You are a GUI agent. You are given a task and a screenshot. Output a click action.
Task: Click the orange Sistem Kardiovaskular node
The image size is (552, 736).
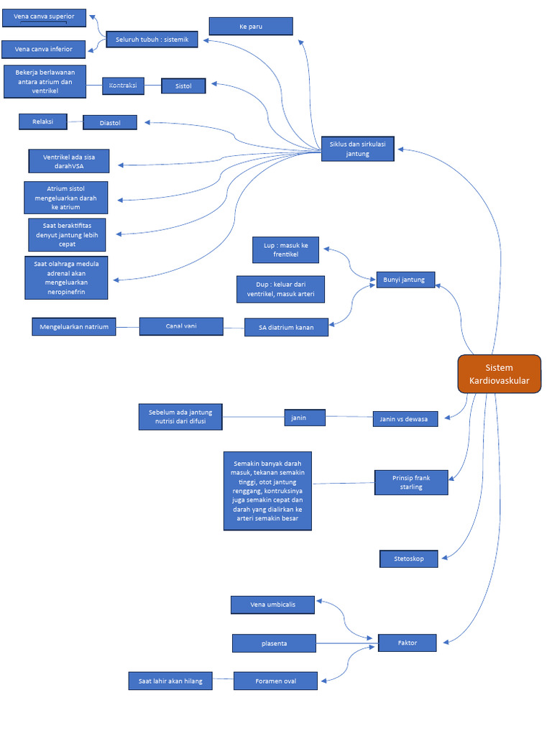[499, 374]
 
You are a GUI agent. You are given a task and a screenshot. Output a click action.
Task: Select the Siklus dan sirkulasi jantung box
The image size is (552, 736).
[357, 149]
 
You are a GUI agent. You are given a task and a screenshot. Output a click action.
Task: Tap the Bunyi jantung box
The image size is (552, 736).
[405, 280]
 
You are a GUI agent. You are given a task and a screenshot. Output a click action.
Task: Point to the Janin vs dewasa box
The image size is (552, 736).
[405, 419]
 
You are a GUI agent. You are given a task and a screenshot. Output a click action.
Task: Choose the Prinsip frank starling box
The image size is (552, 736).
[411, 482]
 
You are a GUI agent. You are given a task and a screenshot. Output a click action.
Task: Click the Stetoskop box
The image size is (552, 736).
[408, 558]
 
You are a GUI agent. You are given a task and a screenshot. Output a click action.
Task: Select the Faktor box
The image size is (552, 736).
[407, 643]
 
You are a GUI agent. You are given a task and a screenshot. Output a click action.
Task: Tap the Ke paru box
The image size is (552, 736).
[251, 27]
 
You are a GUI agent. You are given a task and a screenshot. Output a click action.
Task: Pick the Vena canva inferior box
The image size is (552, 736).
[43, 49]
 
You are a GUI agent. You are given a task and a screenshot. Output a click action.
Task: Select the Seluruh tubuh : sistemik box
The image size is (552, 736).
[152, 40]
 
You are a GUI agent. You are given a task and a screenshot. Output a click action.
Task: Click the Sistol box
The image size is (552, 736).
[183, 86]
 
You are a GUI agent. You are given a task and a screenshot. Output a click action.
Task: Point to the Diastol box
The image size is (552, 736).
[110, 123]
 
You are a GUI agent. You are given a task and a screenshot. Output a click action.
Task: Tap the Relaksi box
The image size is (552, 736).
[43, 121]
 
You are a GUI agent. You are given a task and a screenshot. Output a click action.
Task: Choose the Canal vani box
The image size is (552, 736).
[180, 326]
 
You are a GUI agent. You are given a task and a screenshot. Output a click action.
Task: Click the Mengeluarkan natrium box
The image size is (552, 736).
[74, 327]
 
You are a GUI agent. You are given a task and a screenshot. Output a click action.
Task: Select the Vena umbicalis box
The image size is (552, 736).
[272, 605]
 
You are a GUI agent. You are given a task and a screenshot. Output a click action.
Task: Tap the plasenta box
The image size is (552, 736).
[274, 643]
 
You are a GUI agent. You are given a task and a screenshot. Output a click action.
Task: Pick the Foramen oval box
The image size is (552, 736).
[275, 681]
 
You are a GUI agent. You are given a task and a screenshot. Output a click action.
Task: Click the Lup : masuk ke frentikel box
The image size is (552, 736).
[285, 250]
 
